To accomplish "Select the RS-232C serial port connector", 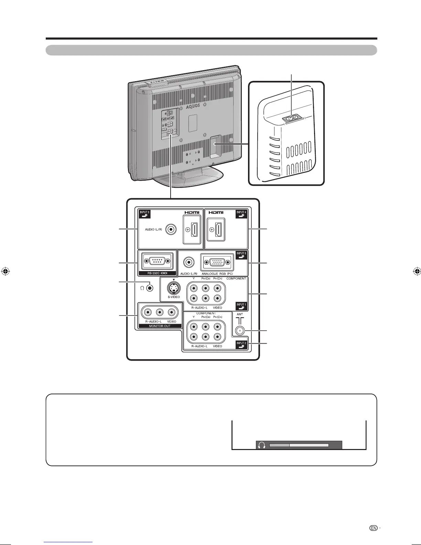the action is pos(156,261).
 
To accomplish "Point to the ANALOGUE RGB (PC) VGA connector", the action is pos(217,263).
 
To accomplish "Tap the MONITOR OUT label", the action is pos(159,326).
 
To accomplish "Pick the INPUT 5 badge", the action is pos(241,255).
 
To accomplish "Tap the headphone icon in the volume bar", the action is pos(262,445).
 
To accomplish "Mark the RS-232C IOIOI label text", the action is pos(157,273).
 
